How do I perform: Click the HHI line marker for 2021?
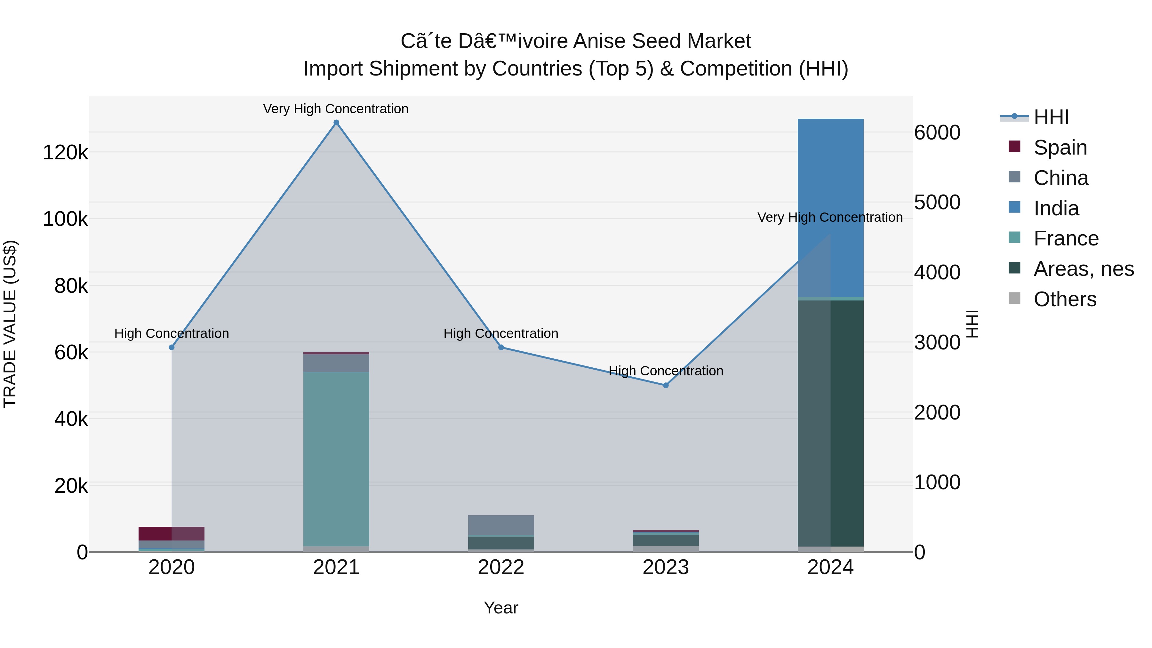pyautogui.click(x=336, y=123)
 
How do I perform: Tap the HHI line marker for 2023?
pyautogui.click(x=666, y=385)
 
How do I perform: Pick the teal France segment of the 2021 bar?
pyautogui.click(x=336, y=458)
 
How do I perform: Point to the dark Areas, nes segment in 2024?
pyautogui.click(x=830, y=423)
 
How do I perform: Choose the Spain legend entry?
pyautogui.click(x=1060, y=148)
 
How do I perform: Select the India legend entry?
pyautogui.click(x=1056, y=208)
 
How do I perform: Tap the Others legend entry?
pyautogui.click(x=1064, y=299)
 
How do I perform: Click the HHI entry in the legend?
pyautogui.click(x=1051, y=117)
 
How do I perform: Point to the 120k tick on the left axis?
pyautogui.click(x=65, y=153)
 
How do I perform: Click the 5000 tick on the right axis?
pyautogui.click(x=937, y=202)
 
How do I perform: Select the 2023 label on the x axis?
pyautogui.click(x=666, y=567)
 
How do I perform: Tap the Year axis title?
pyautogui.click(x=501, y=608)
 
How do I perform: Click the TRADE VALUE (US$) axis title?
pyautogui.click(x=10, y=324)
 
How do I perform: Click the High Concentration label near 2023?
pyautogui.click(x=666, y=371)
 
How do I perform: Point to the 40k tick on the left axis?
pyautogui.click(x=71, y=419)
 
